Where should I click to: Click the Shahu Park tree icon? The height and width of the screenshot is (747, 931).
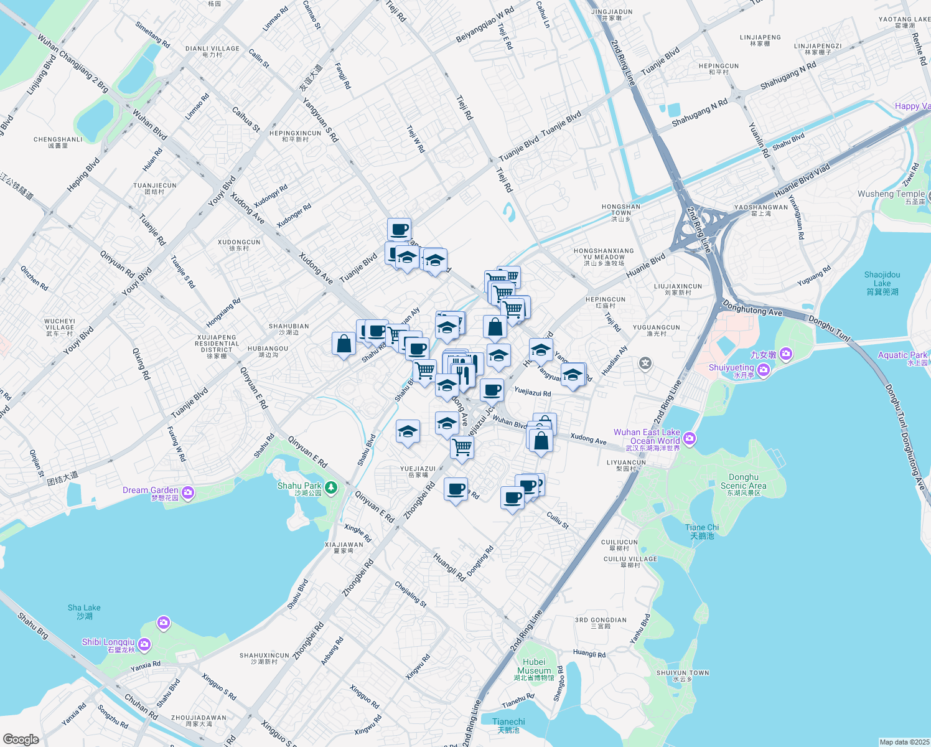coord(331,487)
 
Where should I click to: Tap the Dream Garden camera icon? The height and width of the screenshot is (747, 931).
coord(188,493)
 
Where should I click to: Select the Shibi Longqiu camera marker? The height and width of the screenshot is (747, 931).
coord(144,644)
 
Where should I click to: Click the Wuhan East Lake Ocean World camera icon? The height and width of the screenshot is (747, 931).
coord(690,439)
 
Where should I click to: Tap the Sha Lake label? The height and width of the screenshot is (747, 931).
coord(84,611)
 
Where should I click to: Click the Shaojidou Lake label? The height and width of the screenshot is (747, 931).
coord(882,283)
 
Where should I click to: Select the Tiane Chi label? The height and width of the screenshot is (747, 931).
coord(702,530)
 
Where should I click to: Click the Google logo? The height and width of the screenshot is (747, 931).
coord(21,739)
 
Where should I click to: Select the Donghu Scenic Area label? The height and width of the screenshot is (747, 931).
coord(743,484)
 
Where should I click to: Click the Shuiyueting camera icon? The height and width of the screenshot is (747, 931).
coord(764,370)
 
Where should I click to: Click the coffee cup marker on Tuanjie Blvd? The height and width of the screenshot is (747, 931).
coord(399,230)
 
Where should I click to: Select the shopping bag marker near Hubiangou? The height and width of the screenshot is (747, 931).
coord(344,344)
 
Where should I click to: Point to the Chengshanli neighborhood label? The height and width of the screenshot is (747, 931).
coord(58,142)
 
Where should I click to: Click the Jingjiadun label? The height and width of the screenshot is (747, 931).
coord(612,14)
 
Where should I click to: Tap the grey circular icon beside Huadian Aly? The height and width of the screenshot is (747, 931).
coord(645,363)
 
